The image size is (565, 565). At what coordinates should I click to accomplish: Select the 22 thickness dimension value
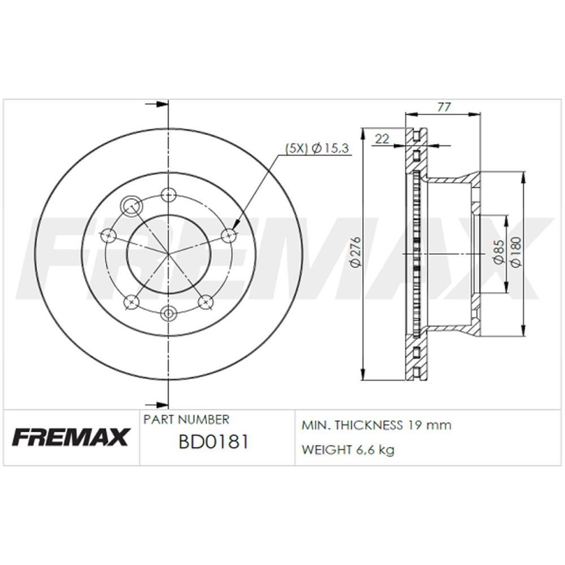[383, 138]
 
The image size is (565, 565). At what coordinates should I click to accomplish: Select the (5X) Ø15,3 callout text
[318, 148]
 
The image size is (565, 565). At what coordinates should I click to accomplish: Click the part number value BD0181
[213, 442]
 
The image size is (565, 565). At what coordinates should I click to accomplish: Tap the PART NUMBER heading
[186, 419]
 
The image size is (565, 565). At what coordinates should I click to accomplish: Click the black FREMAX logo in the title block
[71, 437]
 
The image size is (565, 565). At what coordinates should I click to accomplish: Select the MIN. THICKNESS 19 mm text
[377, 425]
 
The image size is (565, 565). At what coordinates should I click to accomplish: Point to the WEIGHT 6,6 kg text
[348, 450]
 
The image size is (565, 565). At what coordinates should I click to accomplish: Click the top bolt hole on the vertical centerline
[168, 195]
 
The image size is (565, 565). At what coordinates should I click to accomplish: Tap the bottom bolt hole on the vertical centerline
[168, 312]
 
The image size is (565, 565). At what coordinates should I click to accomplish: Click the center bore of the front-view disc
[168, 253]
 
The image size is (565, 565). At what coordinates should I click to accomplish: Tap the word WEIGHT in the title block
[325, 450]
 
